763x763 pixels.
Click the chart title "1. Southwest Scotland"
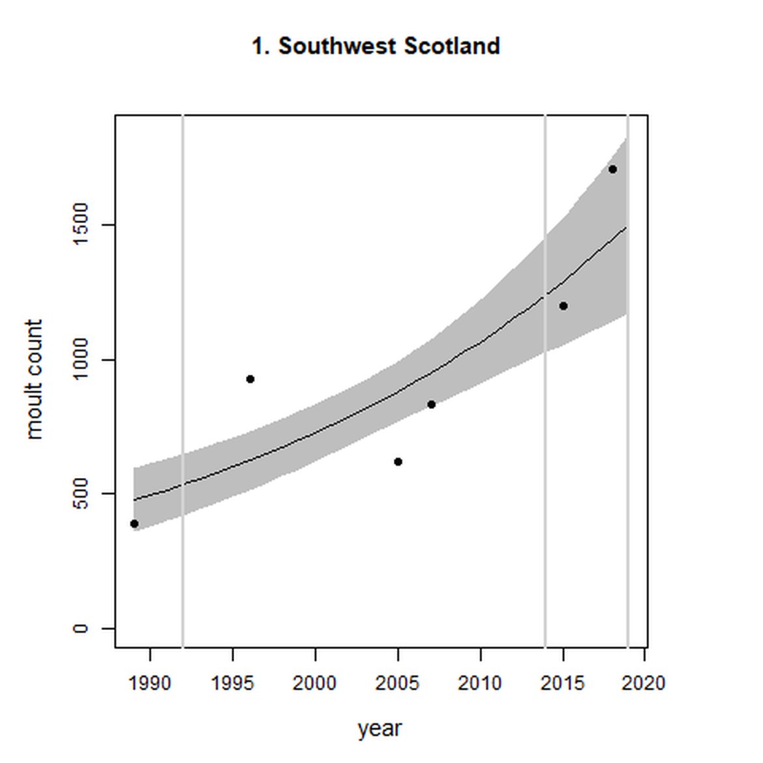click(376, 46)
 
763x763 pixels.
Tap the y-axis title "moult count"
click(34, 380)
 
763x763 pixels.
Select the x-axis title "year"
click(380, 728)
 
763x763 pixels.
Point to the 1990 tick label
click(150, 683)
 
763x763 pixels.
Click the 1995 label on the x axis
click(233, 683)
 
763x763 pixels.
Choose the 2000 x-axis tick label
click(315, 683)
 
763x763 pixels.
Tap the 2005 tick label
click(398, 683)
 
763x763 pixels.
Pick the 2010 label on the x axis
click(481, 683)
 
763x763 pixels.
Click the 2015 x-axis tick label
click(563, 683)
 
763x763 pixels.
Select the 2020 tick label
click(644, 683)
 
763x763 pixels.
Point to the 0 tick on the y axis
click(80, 628)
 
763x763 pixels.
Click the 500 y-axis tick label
click(80, 494)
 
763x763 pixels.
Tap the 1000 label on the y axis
click(80, 359)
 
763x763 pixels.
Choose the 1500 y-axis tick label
click(80, 225)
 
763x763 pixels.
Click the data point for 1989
click(134, 524)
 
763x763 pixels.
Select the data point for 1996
click(250, 379)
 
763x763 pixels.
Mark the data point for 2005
click(398, 462)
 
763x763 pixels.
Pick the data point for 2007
click(431, 404)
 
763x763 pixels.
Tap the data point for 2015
click(563, 306)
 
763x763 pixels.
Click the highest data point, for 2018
click(612, 170)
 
